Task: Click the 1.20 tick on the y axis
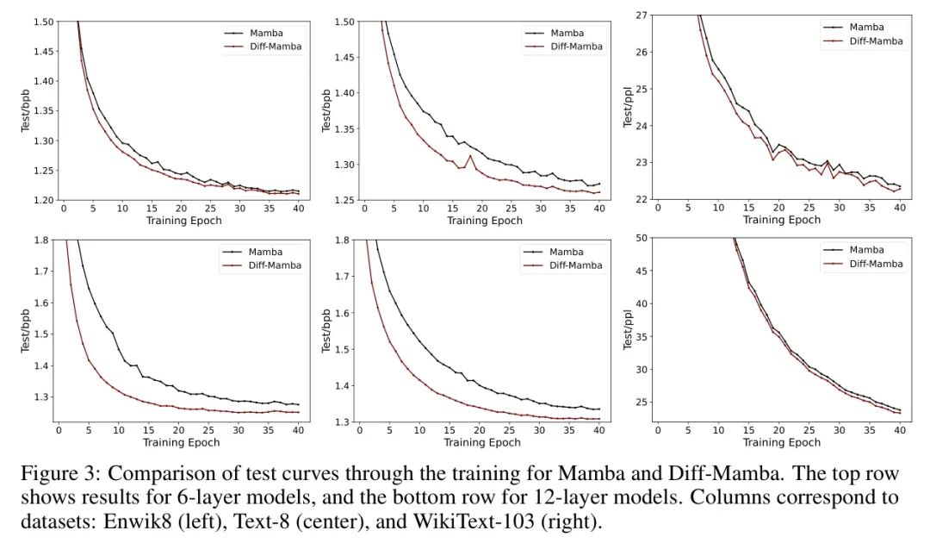pos(42,200)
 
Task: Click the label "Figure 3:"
pos(54,474)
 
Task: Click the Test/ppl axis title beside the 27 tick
pos(628,107)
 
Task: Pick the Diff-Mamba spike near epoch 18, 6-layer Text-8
pos(470,156)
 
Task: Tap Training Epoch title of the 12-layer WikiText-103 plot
pos(782,443)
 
